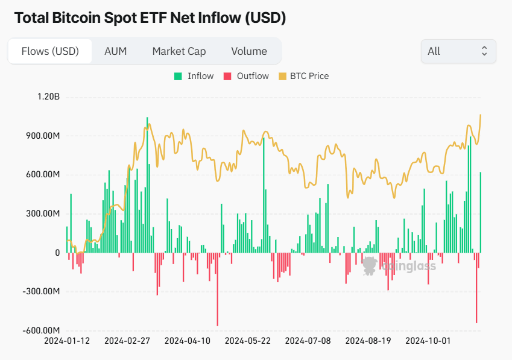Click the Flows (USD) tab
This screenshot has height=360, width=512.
pyautogui.click(x=50, y=51)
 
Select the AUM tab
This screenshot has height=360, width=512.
pyautogui.click(x=115, y=51)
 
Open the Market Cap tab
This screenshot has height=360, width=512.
pyautogui.click(x=179, y=51)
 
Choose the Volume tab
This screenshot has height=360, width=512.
pyautogui.click(x=248, y=51)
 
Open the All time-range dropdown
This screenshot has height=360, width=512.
pyautogui.click(x=458, y=51)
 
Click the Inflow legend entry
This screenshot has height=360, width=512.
pyautogui.click(x=194, y=76)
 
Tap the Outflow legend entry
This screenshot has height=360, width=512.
pyautogui.click(x=246, y=76)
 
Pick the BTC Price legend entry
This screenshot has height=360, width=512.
pyautogui.click(x=303, y=76)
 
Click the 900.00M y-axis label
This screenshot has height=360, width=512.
pyautogui.click(x=42, y=136)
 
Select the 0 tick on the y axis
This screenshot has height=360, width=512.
pyautogui.click(x=57, y=253)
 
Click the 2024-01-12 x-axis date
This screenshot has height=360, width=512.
pyautogui.click(x=67, y=341)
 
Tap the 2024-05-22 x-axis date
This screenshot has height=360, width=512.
pyautogui.click(x=248, y=341)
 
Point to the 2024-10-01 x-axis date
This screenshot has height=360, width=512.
pyautogui.click(x=428, y=341)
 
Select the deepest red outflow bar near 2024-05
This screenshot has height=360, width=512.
pyautogui.click(x=218, y=289)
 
